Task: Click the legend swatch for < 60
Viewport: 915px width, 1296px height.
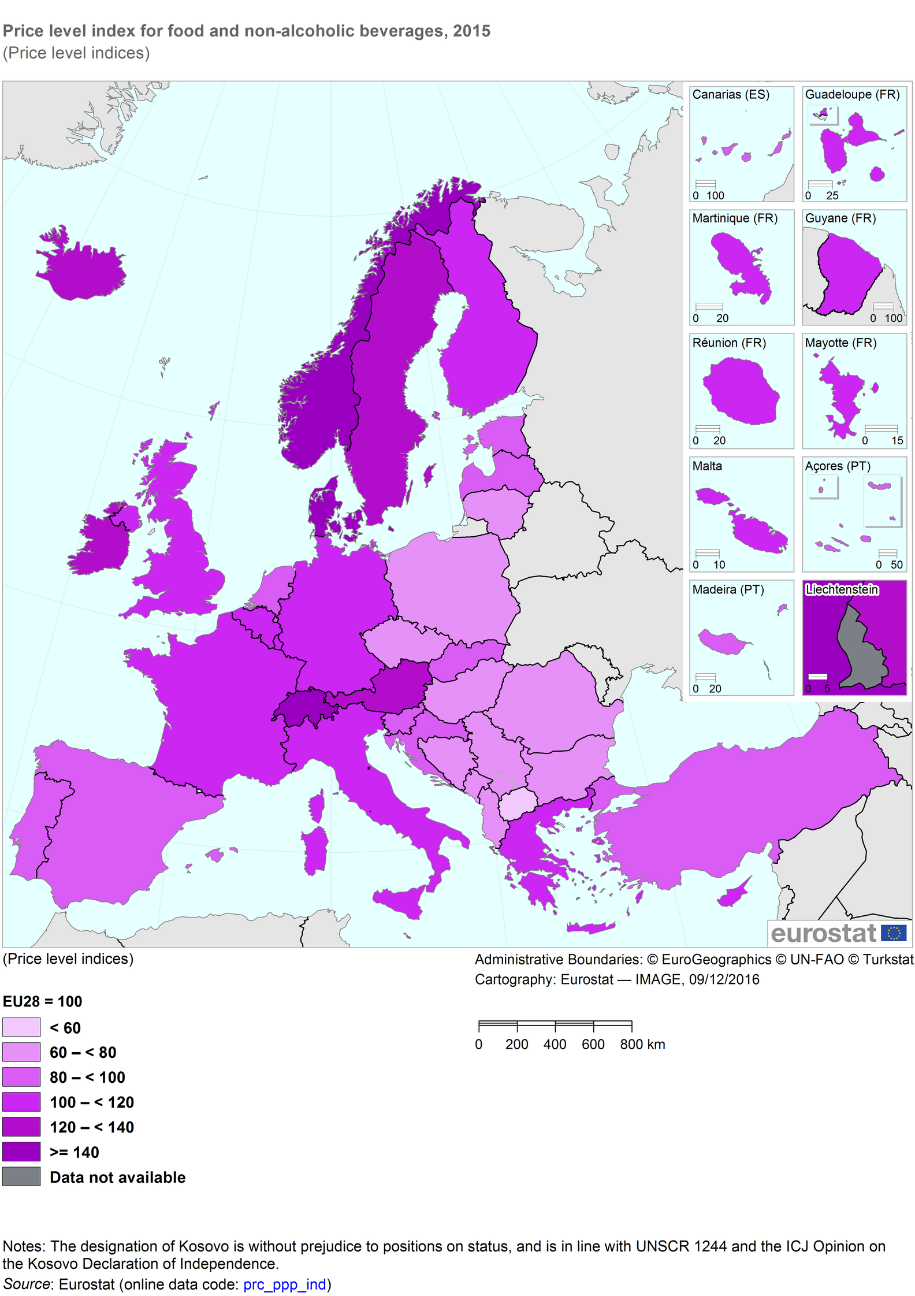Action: pos(21,1027)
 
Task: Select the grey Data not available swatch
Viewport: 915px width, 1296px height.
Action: pos(21,1176)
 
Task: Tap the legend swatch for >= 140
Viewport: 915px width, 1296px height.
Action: pos(21,1152)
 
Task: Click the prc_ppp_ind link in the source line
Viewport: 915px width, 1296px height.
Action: pos(284,1284)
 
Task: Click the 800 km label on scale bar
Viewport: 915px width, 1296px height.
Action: pos(642,1044)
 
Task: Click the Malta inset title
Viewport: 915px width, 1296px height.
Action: pos(707,466)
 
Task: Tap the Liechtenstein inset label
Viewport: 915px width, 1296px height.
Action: pos(842,589)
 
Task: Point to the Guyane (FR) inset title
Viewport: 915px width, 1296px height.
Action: pos(840,218)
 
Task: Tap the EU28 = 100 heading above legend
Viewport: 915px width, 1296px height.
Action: pos(43,1001)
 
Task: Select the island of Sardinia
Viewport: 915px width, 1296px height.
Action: pos(315,849)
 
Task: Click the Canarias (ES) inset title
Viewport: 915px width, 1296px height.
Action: pos(731,94)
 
